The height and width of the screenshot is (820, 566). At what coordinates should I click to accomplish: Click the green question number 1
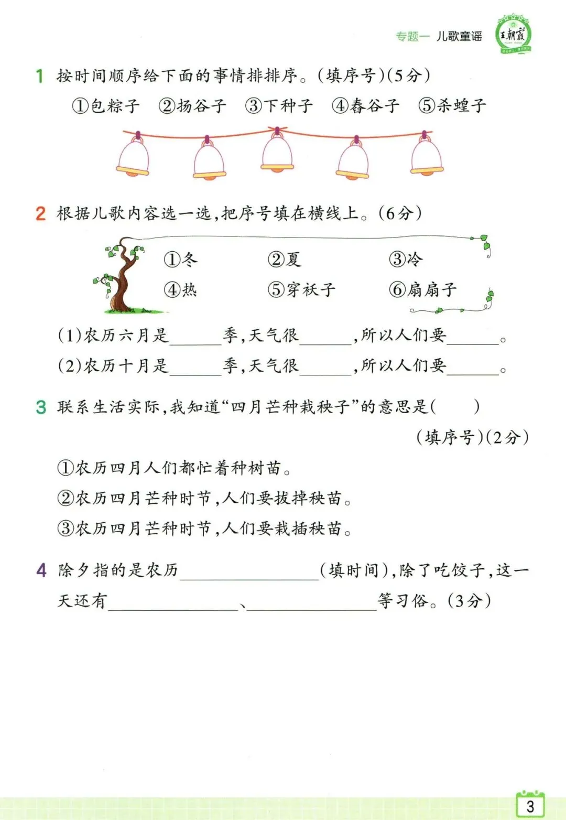[39, 76]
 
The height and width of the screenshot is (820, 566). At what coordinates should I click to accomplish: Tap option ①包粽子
[106, 106]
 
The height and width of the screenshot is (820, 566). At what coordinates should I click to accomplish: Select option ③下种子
[279, 106]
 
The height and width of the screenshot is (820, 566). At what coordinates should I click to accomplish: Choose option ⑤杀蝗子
[452, 106]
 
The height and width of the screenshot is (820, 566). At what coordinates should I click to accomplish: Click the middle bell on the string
[277, 152]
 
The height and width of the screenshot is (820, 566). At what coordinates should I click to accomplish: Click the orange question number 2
[40, 214]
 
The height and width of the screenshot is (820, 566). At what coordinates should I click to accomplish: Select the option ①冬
[181, 260]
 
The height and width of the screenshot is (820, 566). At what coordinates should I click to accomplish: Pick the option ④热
[181, 289]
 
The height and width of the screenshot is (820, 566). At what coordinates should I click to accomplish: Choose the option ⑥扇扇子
[423, 289]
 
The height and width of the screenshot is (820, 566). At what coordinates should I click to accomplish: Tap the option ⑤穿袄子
[301, 289]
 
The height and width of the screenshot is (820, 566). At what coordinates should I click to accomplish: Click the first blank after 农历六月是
[195, 337]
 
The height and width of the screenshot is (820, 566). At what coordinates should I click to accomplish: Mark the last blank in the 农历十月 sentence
[473, 366]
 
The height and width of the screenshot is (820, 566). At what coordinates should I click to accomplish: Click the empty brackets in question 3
[456, 407]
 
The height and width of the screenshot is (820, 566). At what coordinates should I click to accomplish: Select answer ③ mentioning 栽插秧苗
[204, 528]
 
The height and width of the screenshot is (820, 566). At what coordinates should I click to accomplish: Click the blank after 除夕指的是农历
[249, 571]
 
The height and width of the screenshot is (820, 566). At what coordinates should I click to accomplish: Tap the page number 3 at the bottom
[530, 806]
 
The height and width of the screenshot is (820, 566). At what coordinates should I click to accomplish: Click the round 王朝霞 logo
[514, 35]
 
